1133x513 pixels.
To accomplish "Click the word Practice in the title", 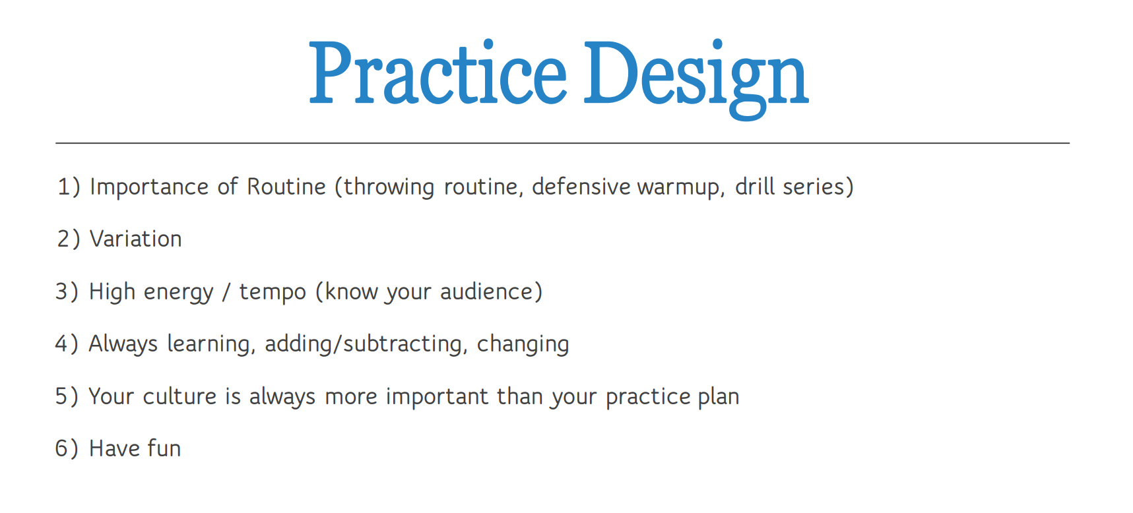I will [x=437, y=74].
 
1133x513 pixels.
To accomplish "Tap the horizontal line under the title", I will [x=562, y=143].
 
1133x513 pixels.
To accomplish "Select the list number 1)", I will [x=69, y=187].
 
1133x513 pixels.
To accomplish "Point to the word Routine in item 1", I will [x=286, y=187].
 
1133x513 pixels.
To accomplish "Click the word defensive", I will [x=581, y=187].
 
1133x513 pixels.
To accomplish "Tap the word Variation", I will [x=136, y=239].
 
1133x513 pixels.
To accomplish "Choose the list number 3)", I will [x=67, y=291].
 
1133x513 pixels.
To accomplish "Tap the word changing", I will [x=523, y=344].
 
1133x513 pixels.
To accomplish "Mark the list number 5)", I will [x=67, y=396].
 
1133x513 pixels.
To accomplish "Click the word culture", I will [x=179, y=396].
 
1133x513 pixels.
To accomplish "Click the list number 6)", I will [x=67, y=448].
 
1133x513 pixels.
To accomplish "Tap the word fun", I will [x=164, y=448].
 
